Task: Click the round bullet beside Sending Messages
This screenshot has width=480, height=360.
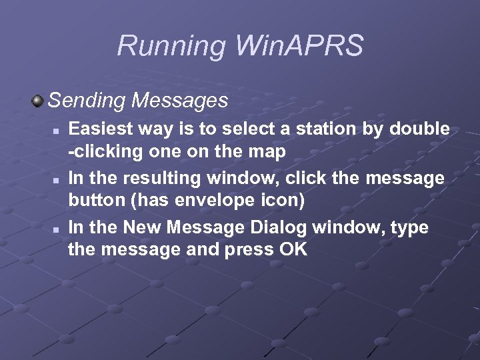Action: [x=37, y=101]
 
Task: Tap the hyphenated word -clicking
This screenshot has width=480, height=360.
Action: [x=107, y=152]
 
